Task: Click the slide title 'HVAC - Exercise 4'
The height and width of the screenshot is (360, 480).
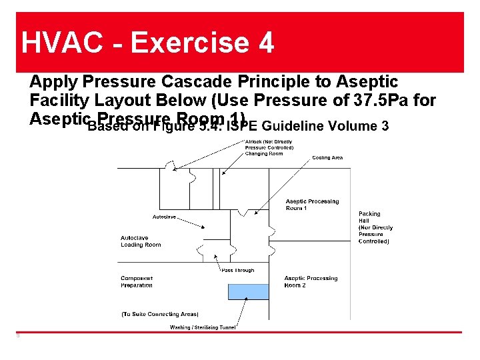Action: click(x=147, y=43)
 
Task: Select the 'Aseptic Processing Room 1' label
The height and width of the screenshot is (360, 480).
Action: click(x=312, y=205)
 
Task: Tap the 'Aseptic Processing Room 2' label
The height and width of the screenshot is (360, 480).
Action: click(x=311, y=281)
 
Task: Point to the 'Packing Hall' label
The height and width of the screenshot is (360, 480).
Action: click(x=369, y=217)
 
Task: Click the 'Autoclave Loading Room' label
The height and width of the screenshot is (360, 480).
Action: click(x=141, y=241)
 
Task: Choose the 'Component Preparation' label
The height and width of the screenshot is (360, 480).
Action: click(x=137, y=281)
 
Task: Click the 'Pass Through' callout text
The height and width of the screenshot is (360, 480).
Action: click(x=238, y=270)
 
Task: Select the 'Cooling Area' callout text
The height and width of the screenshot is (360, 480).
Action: click(x=327, y=158)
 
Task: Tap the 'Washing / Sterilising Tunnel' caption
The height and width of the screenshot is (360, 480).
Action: click(x=203, y=327)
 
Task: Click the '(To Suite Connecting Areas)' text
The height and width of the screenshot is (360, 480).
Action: click(x=159, y=313)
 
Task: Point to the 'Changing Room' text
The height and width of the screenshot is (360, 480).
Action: click(x=265, y=153)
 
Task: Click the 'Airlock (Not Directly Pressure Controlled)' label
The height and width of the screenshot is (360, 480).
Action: click(x=269, y=145)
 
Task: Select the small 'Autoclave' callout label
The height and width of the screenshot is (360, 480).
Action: click(x=164, y=217)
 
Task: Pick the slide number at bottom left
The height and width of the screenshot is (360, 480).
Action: click(x=18, y=335)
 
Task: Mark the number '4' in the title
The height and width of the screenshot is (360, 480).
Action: click(x=265, y=43)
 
